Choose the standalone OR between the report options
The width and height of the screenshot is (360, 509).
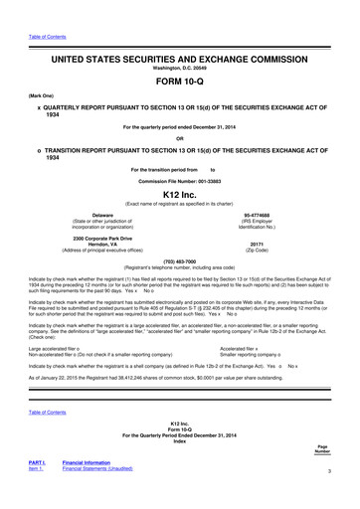(x=180, y=136)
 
